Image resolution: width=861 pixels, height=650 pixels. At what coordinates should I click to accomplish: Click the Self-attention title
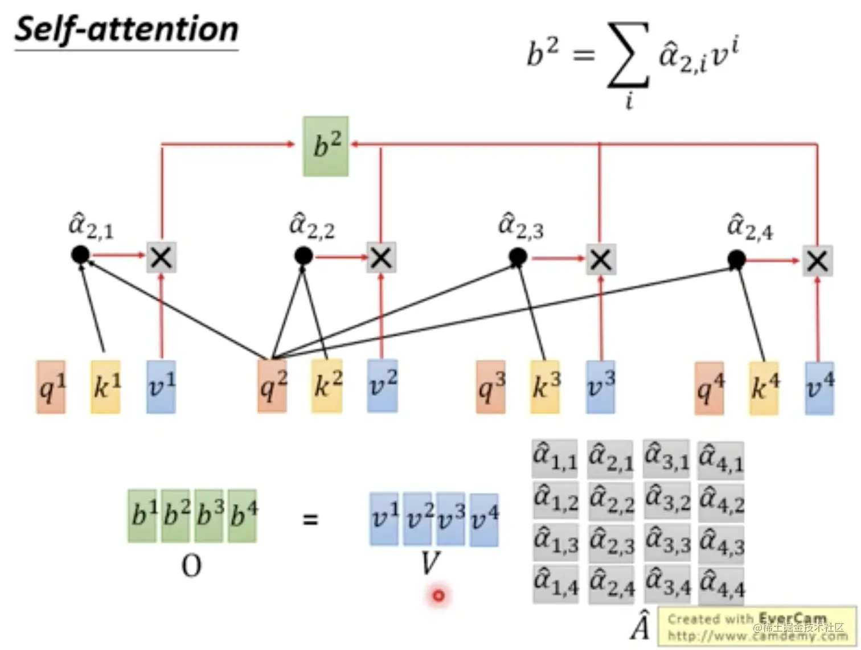[126, 30]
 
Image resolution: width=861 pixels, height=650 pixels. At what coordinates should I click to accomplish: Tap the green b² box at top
[326, 146]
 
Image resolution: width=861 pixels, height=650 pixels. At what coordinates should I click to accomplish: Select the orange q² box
[272, 386]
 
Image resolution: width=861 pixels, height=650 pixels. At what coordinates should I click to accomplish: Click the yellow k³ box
[545, 387]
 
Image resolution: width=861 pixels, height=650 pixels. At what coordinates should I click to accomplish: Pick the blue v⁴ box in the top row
[819, 388]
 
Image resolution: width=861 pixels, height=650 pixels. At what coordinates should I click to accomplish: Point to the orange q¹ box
[51, 387]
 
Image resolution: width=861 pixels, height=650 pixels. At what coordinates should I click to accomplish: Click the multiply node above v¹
[162, 257]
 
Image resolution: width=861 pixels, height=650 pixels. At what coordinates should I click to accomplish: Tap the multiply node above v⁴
[817, 261]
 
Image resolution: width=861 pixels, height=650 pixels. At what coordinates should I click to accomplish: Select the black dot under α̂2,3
[518, 258]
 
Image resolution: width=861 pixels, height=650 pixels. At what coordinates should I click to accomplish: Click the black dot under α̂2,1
[80, 254]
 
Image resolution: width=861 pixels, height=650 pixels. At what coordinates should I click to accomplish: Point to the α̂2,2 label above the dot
[312, 226]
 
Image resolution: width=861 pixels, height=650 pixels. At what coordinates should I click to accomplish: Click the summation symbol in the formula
[628, 56]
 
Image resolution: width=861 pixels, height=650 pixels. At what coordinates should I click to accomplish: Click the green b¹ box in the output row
[142, 515]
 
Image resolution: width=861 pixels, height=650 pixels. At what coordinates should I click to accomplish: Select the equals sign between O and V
[310, 519]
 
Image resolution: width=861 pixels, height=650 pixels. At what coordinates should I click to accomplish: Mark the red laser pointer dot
[438, 595]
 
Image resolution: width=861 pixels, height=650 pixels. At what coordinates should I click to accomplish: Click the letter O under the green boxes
[191, 566]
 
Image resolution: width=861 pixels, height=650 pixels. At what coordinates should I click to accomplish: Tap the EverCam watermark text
[757, 626]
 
